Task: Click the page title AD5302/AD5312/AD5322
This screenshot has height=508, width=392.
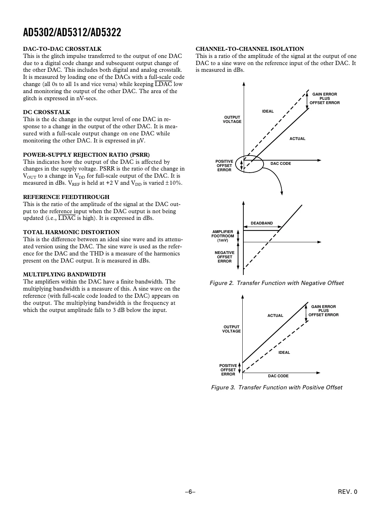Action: coord(72,33)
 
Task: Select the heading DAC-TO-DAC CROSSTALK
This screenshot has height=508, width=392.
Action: coord(62,49)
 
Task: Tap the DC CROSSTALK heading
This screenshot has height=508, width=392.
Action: coord(46,112)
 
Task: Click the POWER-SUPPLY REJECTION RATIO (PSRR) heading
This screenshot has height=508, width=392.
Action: coord(86,155)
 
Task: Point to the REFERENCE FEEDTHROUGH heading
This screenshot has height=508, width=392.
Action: coord(66,197)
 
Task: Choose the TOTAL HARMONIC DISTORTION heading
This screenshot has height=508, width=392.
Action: coord(71,232)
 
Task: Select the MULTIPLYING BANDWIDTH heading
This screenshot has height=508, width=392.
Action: coord(64,275)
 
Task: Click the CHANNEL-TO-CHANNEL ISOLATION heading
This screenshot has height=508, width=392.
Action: coord(250,49)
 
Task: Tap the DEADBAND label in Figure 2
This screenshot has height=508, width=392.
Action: coord(262,223)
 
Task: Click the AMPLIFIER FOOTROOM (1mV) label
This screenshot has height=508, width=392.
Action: coord(223,236)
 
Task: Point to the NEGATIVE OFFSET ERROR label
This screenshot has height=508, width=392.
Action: coord(224,257)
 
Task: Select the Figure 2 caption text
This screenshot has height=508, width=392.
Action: coord(276,283)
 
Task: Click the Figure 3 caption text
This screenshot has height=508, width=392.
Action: coord(276,388)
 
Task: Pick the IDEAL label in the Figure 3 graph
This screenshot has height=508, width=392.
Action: coord(284,352)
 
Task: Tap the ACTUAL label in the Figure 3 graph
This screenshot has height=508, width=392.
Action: coord(275,315)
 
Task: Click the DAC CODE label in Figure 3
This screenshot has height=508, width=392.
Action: coord(278,376)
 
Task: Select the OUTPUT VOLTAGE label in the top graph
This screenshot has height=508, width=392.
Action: coord(232,119)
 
